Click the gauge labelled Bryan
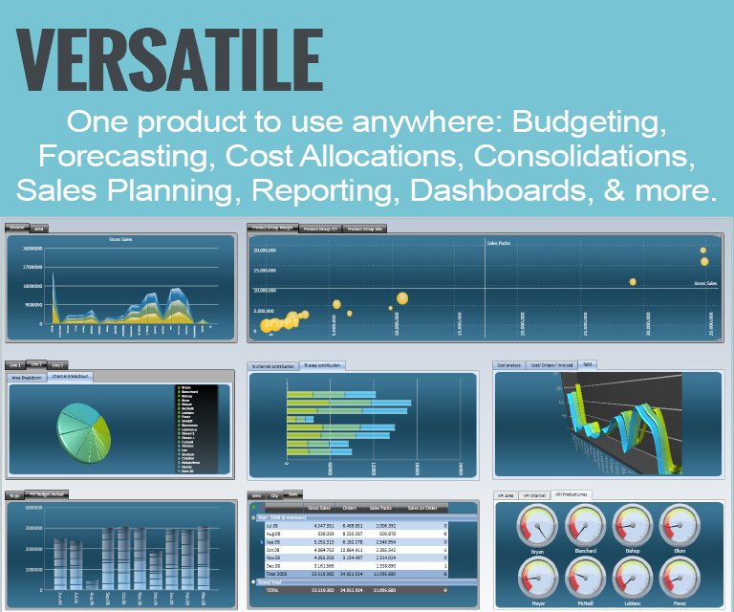[538, 525]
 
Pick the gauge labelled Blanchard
[587, 525]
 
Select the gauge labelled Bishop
[635, 525]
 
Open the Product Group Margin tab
[272, 229]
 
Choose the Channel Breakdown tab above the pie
[71, 377]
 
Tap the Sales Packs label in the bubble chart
[500, 244]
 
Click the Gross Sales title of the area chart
[120, 239]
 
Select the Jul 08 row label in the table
[271, 525]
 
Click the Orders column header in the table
[349, 507]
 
